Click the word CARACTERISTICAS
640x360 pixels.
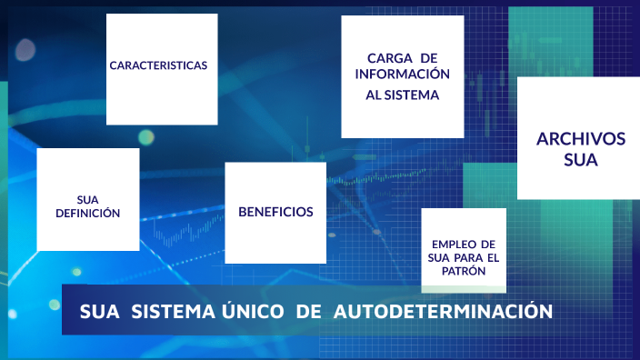click(158, 65)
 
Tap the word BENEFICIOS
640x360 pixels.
click(275, 212)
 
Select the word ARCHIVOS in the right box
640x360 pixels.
click(581, 139)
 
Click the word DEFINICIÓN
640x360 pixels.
click(87, 214)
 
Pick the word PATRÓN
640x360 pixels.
click(464, 271)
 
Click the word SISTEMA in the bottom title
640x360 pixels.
click(170, 312)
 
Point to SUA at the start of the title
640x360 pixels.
click(100, 312)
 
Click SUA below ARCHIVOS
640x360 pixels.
click(581, 161)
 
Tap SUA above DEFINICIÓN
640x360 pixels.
click(87, 199)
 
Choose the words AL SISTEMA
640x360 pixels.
click(402, 95)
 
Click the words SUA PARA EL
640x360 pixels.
click(464, 257)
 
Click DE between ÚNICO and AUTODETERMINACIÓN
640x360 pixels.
click(309, 312)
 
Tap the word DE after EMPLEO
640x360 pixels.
click(487, 244)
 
